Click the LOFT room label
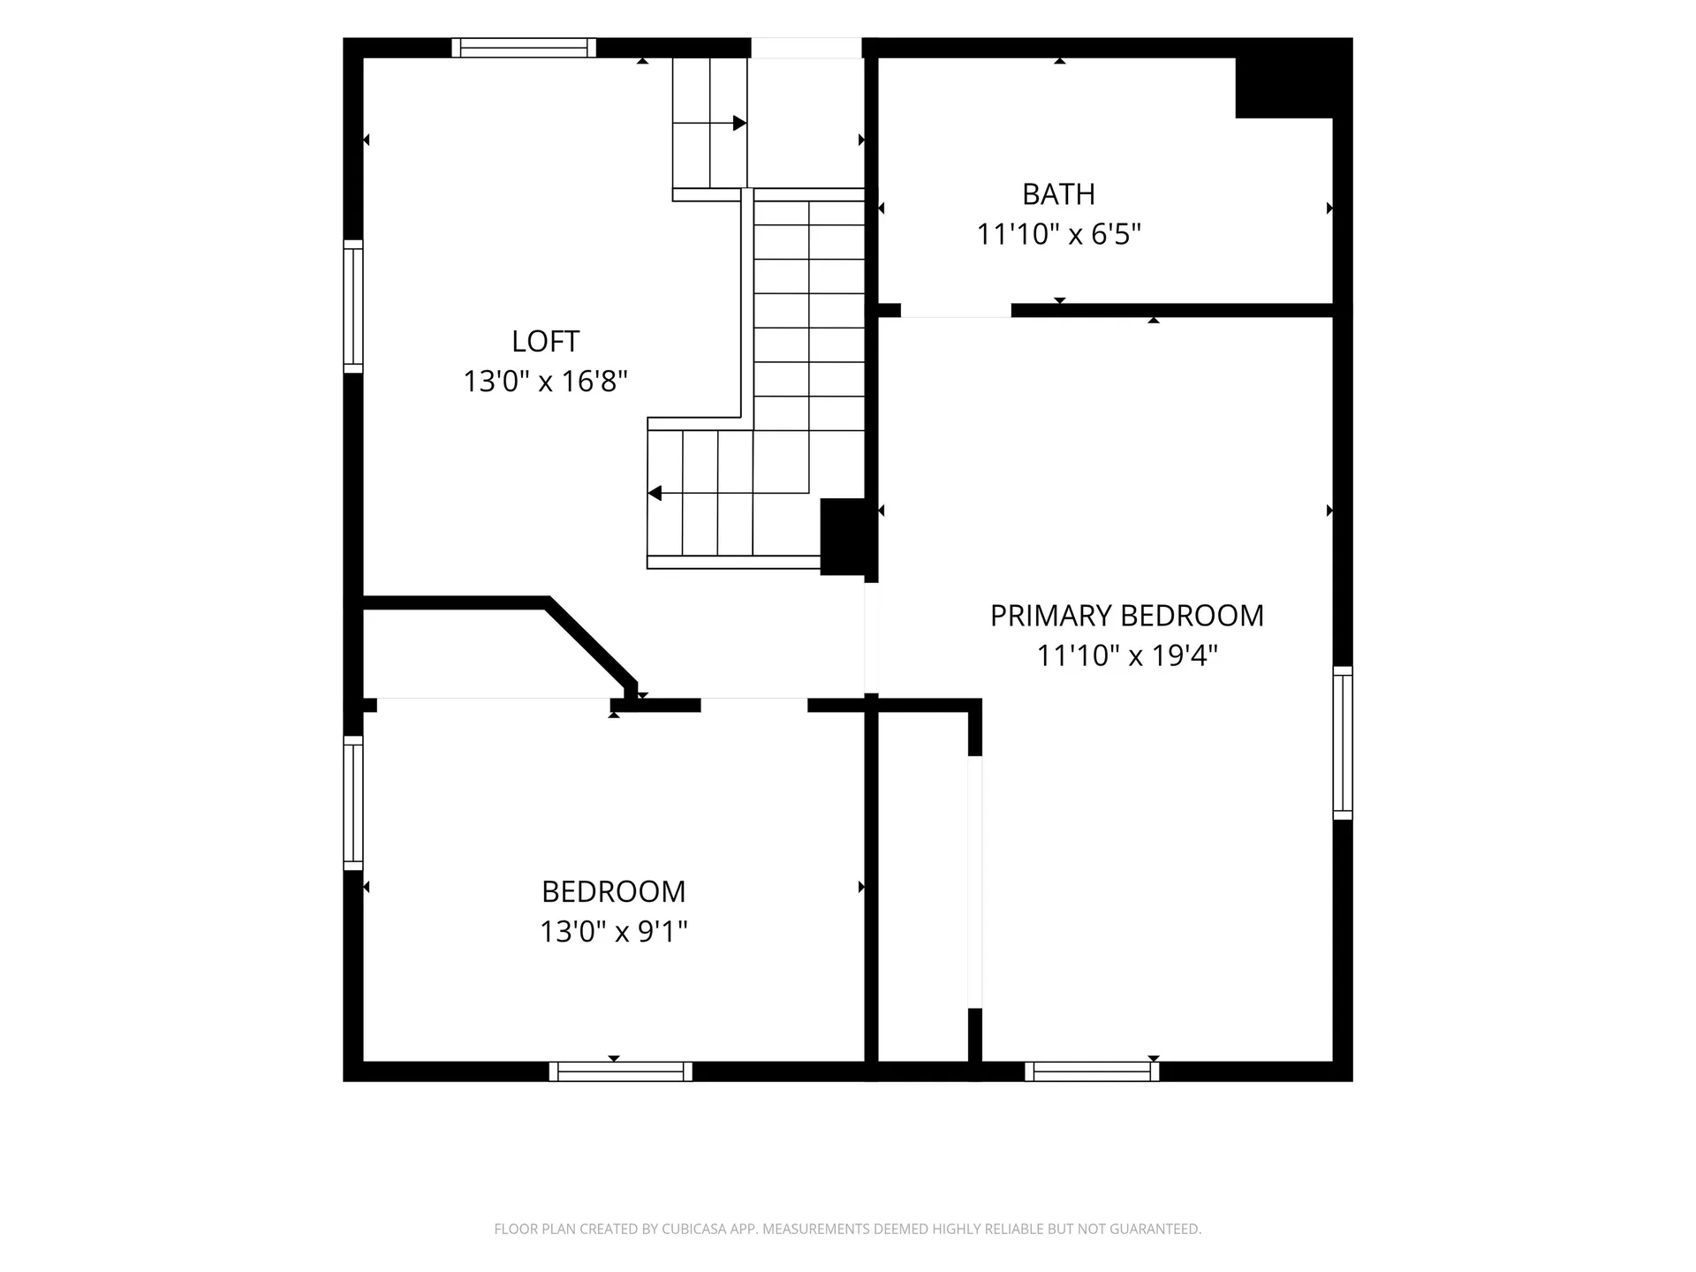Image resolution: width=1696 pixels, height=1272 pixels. [x=545, y=341]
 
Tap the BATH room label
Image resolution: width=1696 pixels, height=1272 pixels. [x=1058, y=193]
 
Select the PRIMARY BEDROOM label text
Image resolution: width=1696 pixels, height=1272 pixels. [x=1126, y=615]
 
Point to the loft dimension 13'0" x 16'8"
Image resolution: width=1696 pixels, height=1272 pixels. [x=545, y=381]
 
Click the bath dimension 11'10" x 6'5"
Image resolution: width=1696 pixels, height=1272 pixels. [x=1058, y=234]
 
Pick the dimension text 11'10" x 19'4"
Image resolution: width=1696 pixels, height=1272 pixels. [x=1126, y=655]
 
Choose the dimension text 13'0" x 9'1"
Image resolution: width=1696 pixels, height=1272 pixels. [x=614, y=931]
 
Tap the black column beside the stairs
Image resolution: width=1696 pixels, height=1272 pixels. [x=844, y=537]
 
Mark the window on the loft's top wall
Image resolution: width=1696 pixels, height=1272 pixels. [x=524, y=48]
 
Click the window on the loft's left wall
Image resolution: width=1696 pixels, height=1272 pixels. [x=353, y=306]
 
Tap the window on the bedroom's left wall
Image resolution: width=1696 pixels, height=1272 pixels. [x=353, y=803]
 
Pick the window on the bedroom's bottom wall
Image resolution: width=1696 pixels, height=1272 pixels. [x=621, y=1071]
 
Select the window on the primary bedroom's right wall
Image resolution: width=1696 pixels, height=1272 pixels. [x=1343, y=743]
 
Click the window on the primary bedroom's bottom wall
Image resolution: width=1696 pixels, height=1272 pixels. [x=1093, y=1071]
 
